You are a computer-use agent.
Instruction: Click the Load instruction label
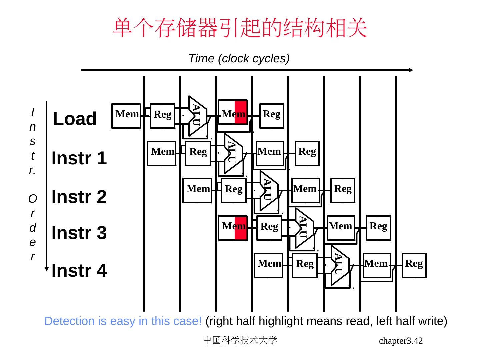pos(75,119)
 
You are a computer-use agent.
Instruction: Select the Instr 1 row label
pos(79,158)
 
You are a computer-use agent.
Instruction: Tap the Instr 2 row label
pos(79,197)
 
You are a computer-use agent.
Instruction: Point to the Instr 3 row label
pos(79,233)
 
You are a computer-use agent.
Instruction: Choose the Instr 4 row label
pos(79,270)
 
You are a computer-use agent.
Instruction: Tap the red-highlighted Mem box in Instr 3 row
pos(233,228)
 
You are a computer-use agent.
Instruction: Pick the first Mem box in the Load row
pos(126,116)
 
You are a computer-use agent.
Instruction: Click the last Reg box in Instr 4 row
pos(414,265)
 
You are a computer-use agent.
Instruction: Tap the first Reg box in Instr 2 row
pos(233,190)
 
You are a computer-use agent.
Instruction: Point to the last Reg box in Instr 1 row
pos(307,153)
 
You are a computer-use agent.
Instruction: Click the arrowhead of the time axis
pos(411,70)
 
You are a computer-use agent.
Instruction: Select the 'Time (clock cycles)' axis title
pos(239,58)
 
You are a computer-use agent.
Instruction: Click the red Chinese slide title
pos(240,28)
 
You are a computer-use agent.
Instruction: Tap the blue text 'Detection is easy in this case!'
pos(123,321)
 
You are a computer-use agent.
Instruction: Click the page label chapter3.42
pos(401,341)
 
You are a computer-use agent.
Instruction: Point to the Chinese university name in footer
pos(240,340)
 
